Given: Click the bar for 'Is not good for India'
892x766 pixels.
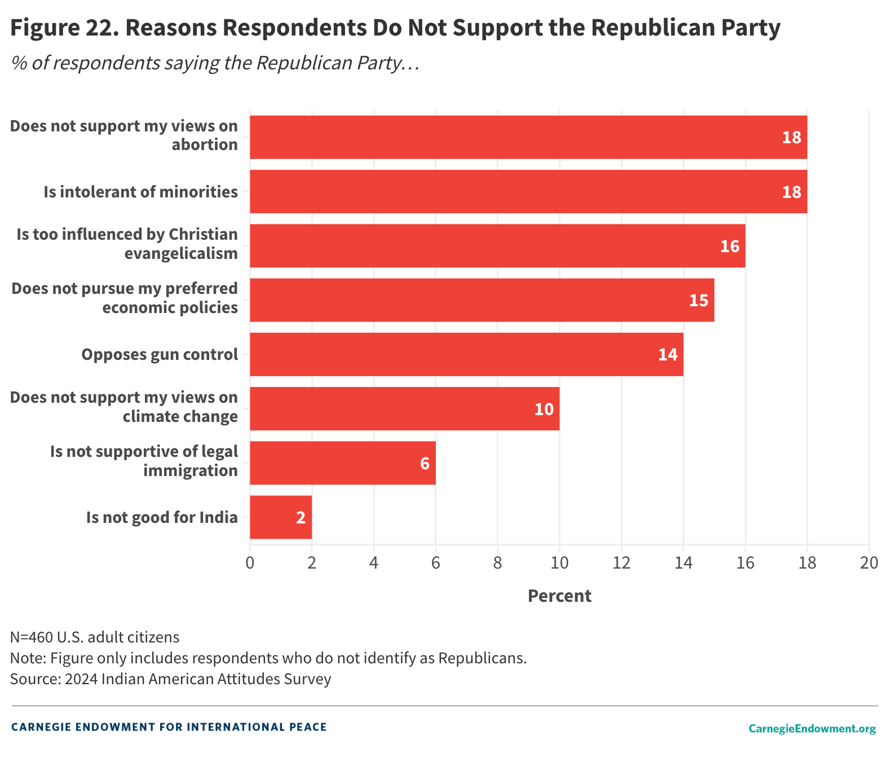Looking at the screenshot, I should click(x=280, y=517).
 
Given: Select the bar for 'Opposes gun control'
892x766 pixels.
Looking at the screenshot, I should click(x=466, y=354).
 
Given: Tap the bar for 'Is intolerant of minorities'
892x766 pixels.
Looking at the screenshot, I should click(x=528, y=192).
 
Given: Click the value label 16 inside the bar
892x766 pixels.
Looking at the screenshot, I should click(x=729, y=246).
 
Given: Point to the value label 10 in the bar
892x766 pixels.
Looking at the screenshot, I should click(x=544, y=409).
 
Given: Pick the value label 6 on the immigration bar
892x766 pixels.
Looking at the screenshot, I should click(x=425, y=464).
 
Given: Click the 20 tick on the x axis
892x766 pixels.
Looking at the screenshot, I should click(x=869, y=563).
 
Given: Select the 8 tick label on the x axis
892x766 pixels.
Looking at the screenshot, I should click(x=497, y=563).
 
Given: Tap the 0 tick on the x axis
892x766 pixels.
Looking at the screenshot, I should click(x=250, y=563).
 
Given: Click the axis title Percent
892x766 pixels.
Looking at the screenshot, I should click(x=559, y=596).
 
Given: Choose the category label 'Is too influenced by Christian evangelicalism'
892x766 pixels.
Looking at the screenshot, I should click(x=127, y=244).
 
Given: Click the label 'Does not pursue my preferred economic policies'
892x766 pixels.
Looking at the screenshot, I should click(x=125, y=298).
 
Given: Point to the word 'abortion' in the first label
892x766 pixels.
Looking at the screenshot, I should click(x=205, y=145).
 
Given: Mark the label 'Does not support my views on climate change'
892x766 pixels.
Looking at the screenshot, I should click(x=124, y=407).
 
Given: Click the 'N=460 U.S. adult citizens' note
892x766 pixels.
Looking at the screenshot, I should click(x=95, y=637).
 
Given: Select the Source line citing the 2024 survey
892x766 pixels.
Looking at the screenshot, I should click(x=170, y=679).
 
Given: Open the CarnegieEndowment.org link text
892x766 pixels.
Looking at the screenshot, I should click(x=812, y=729).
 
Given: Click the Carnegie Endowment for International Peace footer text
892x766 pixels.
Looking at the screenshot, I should click(x=169, y=727).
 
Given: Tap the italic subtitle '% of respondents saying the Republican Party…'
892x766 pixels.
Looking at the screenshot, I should click(x=215, y=63).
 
